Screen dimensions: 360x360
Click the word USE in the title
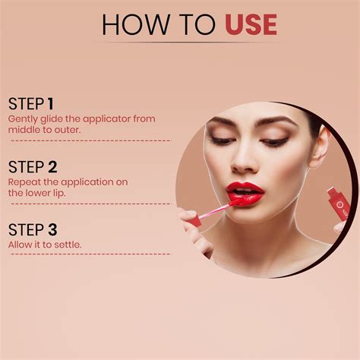[x=251, y=24]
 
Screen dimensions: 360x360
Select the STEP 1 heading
[x=31, y=103]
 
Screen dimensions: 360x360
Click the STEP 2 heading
[x=33, y=167]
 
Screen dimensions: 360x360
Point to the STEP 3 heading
[x=33, y=229]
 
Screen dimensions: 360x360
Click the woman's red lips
[x=245, y=194]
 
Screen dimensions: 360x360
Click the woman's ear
[x=321, y=146]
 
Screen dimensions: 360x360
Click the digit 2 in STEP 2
[x=51, y=167]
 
